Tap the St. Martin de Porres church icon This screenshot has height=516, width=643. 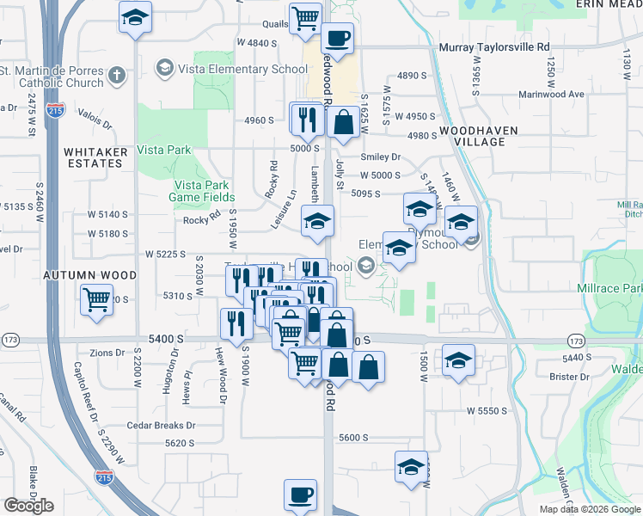coord(117,76)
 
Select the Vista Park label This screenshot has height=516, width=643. coord(165,150)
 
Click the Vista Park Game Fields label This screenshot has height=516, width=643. coord(202,191)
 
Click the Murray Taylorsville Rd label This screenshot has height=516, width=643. coord(493,47)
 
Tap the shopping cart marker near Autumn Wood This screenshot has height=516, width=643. coord(96,300)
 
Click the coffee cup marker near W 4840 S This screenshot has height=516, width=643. coord(337,38)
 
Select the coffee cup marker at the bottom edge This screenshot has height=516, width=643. coord(300,495)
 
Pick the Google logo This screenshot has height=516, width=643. coord(28,506)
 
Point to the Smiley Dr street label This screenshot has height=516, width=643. coord(381,157)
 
